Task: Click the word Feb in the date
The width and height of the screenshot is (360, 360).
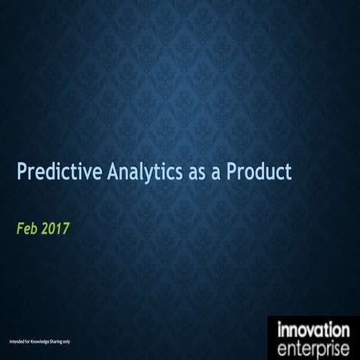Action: point(27,227)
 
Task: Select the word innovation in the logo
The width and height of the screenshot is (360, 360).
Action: point(313,330)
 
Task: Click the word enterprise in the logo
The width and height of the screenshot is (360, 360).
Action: point(313,349)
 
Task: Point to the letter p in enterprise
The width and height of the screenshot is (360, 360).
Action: point(323,350)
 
